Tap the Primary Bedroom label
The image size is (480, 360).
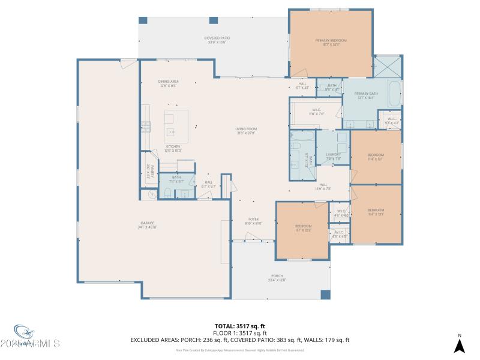tap(331, 42)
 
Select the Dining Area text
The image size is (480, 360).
tap(168, 83)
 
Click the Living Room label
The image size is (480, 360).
tap(246, 131)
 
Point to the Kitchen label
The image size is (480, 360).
tap(173, 148)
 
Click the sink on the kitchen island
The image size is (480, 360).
tap(171, 131)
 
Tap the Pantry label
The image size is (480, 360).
tap(151, 172)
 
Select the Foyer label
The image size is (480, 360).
tap(254, 221)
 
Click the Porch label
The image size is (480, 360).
tap(277, 277)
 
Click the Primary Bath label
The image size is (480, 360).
tap(365, 95)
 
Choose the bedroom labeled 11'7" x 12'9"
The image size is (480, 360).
tap(303, 227)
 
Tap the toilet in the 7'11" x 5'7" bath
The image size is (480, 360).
tap(169, 193)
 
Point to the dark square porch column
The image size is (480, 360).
tap(325, 294)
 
